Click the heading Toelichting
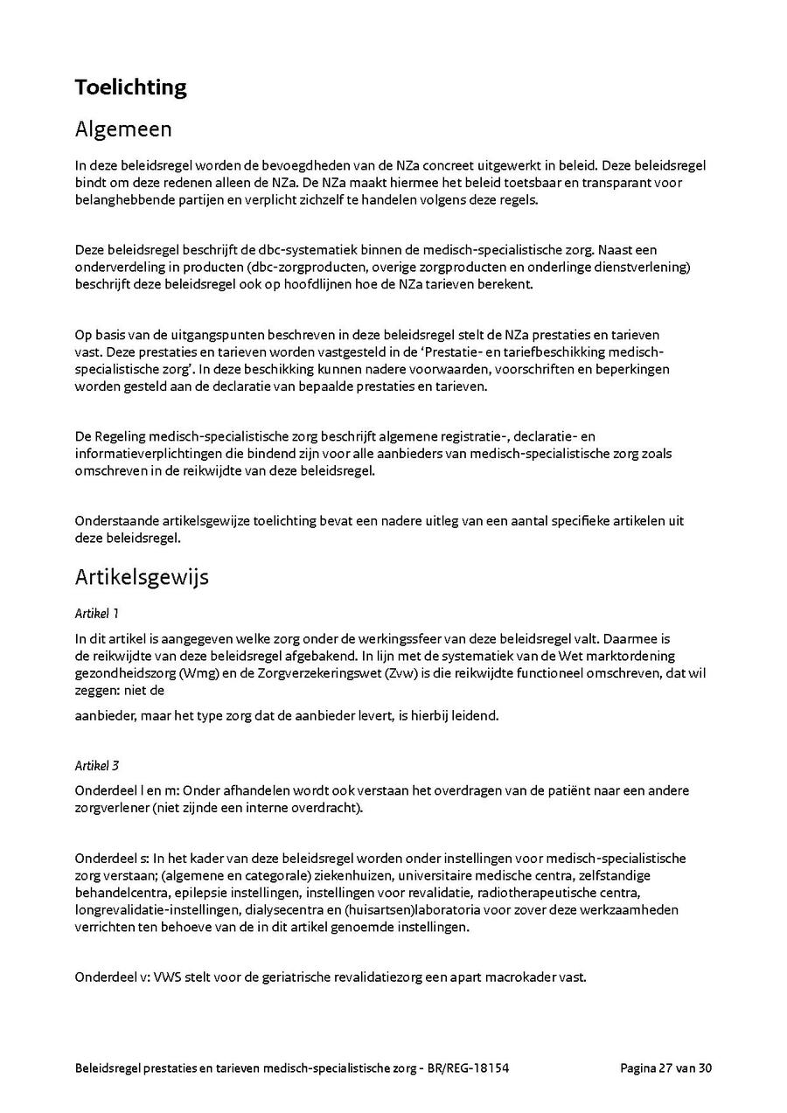point(130,87)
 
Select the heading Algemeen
point(123,129)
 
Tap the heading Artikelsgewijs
point(142,578)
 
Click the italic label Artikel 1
point(97,614)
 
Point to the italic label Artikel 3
point(97,766)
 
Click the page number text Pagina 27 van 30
point(666,1068)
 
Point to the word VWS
point(167,977)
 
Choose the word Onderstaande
point(116,521)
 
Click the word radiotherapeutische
point(546,893)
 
